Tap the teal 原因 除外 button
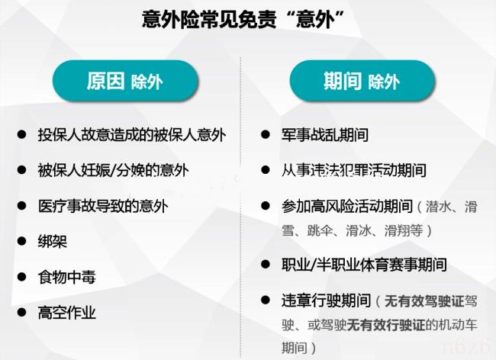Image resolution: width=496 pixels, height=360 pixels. click(x=125, y=82)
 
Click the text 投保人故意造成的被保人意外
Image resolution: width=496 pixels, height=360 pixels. click(x=132, y=135)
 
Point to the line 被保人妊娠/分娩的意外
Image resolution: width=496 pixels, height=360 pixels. click(x=113, y=170)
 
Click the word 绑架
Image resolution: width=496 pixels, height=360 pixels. click(x=53, y=241)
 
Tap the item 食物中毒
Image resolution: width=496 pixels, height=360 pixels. click(x=67, y=276)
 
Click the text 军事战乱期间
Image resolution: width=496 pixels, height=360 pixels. click(x=325, y=135)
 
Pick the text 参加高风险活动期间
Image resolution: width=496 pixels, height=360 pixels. click(x=347, y=206)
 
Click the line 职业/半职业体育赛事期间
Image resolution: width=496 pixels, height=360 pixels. click(x=364, y=265)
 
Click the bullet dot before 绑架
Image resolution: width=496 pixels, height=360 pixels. click(x=21, y=241)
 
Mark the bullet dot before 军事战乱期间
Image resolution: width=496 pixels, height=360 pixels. click(x=266, y=135)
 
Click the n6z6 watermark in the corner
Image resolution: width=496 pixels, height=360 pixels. click(x=472, y=348)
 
